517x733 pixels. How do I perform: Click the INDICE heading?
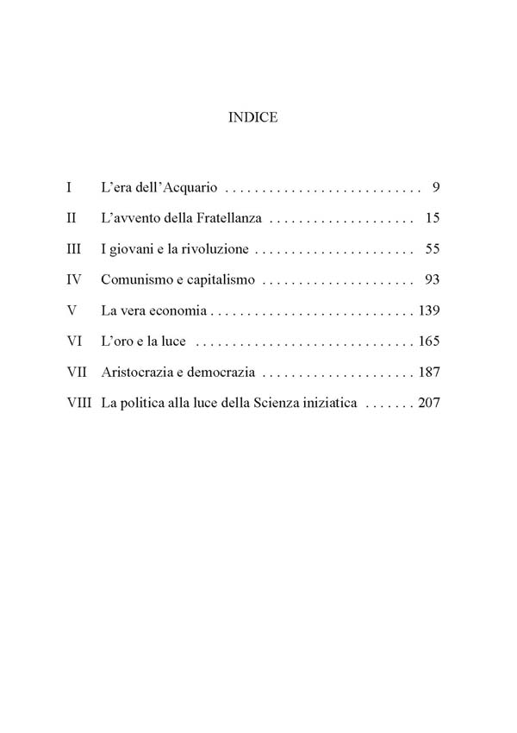click(x=252, y=118)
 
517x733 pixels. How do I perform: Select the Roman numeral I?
click(x=69, y=187)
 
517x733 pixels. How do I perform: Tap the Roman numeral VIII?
click(x=80, y=404)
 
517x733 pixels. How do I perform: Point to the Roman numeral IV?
click(x=73, y=280)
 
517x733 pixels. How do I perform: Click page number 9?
click(x=437, y=187)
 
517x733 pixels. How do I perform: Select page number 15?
click(x=433, y=218)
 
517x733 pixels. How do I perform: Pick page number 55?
click(x=433, y=249)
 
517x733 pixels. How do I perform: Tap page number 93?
click(x=433, y=280)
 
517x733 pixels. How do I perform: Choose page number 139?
click(x=428, y=310)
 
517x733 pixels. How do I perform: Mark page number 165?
click(x=428, y=341)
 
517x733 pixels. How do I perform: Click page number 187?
click(x=428, y=373)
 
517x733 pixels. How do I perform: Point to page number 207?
click(x=428, y=404)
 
